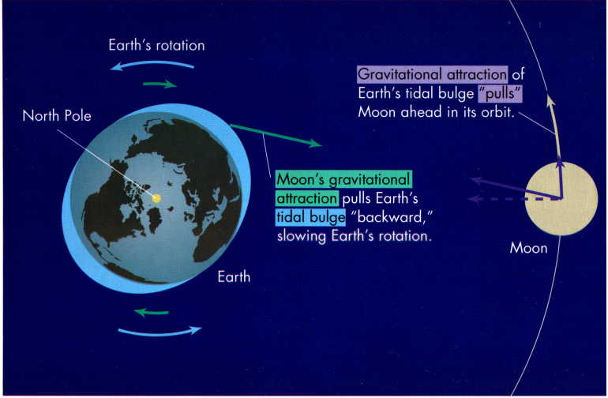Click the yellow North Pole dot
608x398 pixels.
156,198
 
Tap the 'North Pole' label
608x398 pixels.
57,115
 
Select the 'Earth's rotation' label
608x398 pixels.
156,45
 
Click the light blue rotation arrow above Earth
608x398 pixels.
152,65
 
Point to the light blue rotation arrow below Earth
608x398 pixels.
160,332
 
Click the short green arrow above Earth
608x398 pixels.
160,84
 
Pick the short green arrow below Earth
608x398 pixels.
152,312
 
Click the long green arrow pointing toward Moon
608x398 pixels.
276,135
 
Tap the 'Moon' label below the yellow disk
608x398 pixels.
528,248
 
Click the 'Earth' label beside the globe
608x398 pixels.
234,276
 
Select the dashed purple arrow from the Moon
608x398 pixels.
514,199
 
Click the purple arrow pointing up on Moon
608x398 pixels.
560,178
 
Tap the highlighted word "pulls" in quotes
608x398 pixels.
500,93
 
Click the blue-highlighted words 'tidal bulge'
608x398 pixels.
310,217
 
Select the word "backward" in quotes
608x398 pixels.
391,217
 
